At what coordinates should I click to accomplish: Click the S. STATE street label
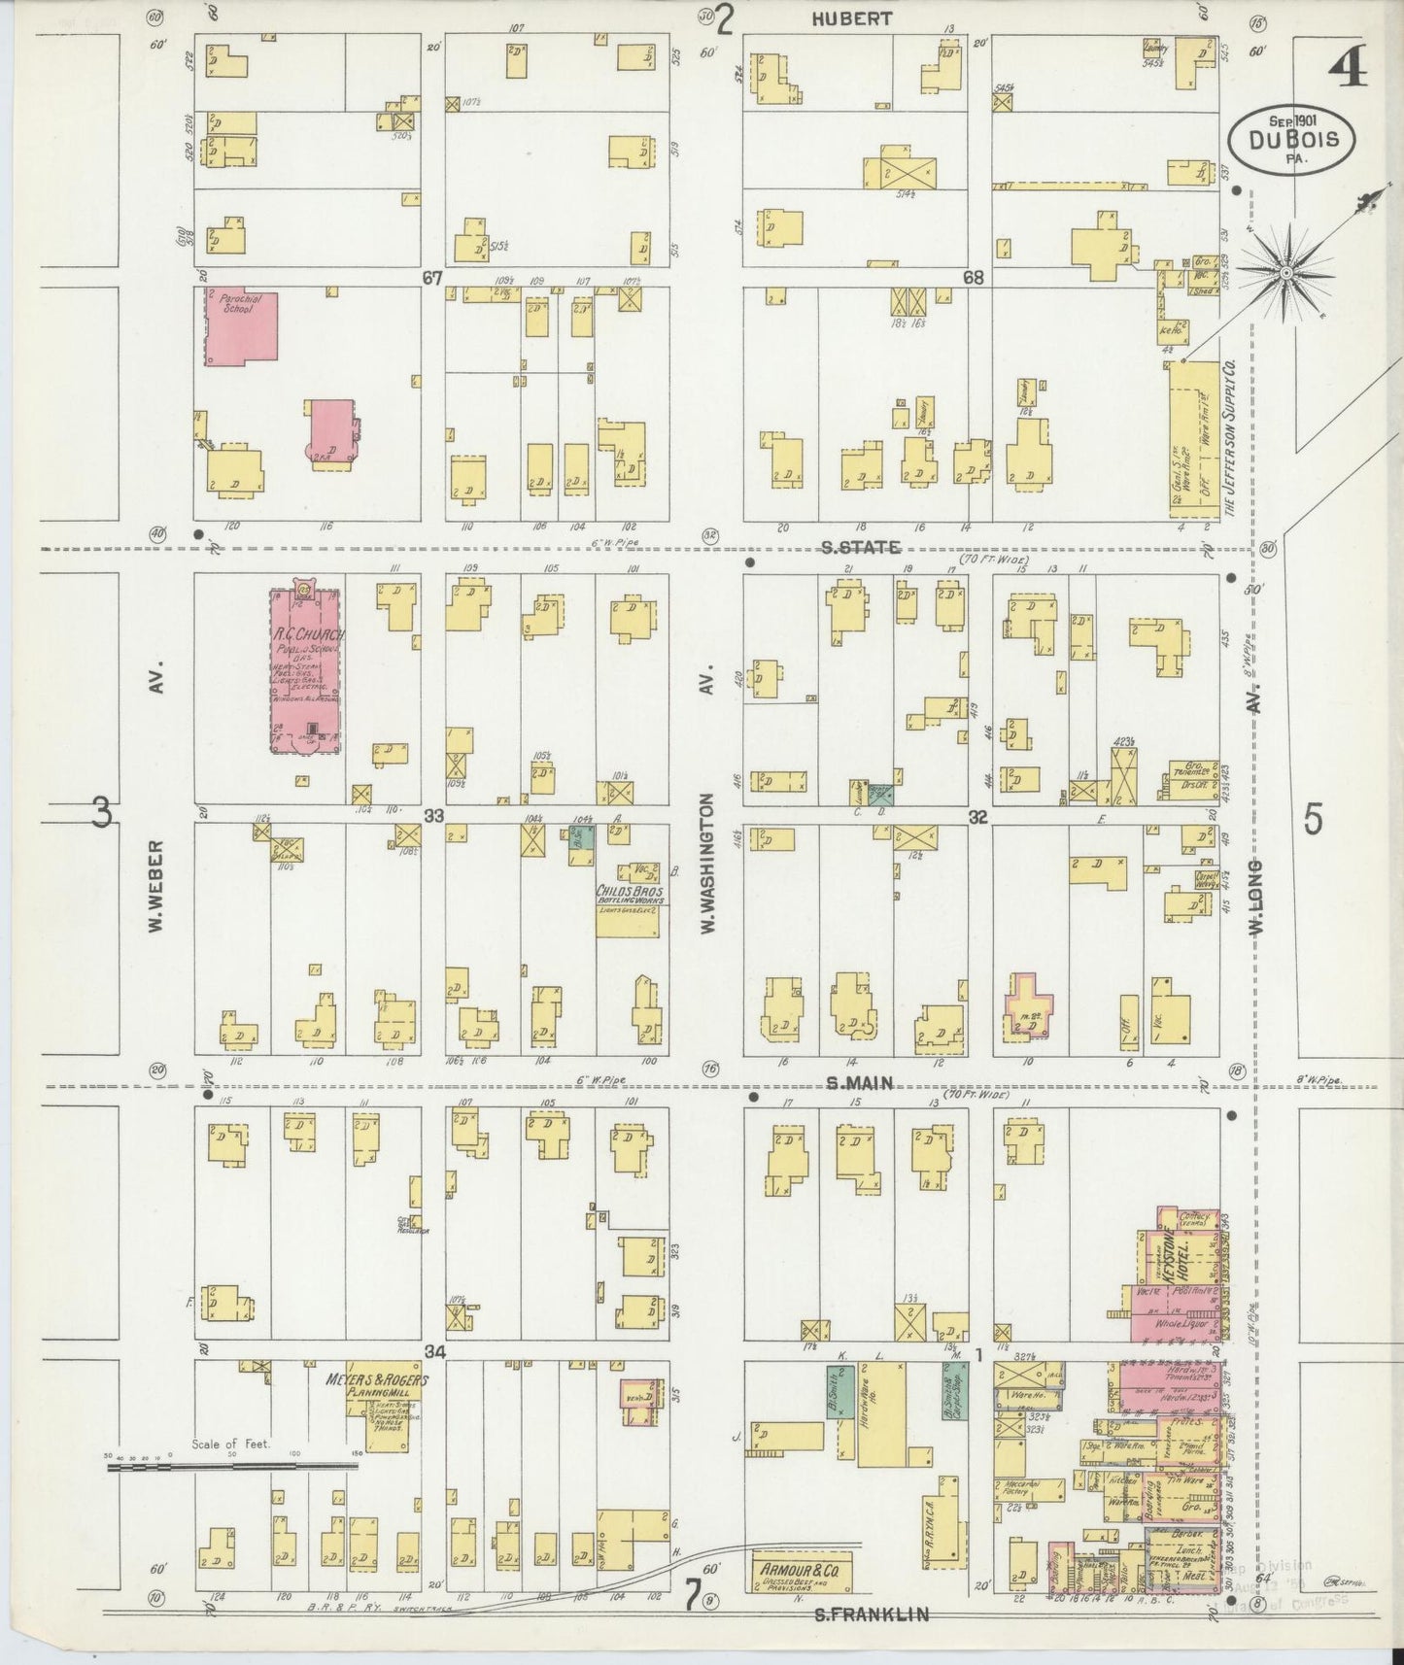tap(861, 548)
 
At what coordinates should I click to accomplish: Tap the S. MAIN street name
tap(859, 1084)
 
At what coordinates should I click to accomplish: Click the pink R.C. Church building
tap(303, 670)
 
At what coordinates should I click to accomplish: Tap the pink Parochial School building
tap(243, 326)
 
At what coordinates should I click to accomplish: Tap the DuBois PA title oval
tap(1288, 142)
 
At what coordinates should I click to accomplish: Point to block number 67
tap(432, 278)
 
